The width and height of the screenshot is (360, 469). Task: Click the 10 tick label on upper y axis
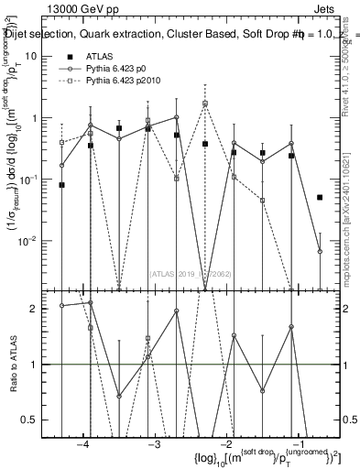tap(40, 56)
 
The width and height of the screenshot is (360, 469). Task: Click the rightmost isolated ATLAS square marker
tap(320, 197)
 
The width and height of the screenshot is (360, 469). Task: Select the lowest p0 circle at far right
tap(320, 251)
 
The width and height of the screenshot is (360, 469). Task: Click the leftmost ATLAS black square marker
tap(62, 185)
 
